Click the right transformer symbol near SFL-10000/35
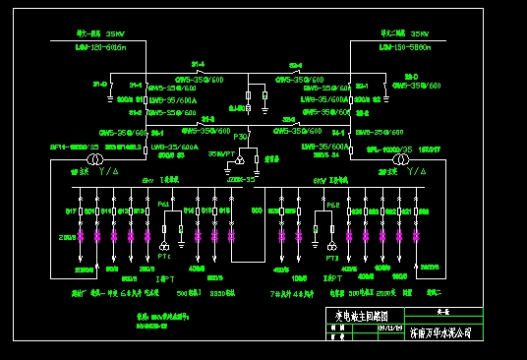[401, 159]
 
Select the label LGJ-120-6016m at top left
[101, 46]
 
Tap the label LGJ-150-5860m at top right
[405, 46]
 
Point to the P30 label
[240, 138]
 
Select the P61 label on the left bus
[164, 204]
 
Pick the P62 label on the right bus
[332, 205]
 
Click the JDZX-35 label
[241, 180]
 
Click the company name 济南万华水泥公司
[439, 333]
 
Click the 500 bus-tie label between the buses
[257, 210]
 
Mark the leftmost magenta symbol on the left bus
[83, 236]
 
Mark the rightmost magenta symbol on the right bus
[417, 236]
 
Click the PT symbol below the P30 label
[239, 157]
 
